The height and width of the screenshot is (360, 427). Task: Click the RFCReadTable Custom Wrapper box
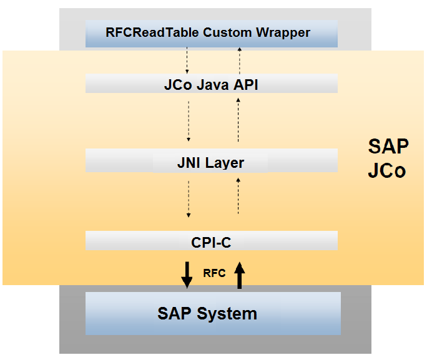coord(212,34)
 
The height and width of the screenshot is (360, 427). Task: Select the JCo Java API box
coord(212,83)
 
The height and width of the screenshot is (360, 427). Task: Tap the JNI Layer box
coord(212,160)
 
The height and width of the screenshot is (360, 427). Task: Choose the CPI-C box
coord(212,241)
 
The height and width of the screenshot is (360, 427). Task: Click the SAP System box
coord(213,313)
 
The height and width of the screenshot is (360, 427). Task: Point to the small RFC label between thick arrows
coord(214,273)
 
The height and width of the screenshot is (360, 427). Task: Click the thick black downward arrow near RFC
coord(187,275)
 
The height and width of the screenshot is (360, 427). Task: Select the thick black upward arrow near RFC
coord(240,275)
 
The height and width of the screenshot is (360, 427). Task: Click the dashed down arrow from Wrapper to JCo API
coord(187,61)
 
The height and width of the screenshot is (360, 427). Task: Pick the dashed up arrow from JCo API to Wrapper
coord(240,61)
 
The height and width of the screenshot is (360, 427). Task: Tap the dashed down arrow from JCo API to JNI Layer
coord(189,122)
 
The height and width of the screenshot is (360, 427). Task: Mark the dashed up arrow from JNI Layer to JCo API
coord(238,120)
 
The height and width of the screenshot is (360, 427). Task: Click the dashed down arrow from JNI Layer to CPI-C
coord(189,199)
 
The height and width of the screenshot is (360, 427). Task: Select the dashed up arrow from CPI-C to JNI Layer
coord(238,196)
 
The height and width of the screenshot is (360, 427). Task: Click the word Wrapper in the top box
coord(283,33)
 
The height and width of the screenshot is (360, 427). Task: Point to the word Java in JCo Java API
coord(213,85)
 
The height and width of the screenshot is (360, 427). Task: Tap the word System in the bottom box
coord(227,314)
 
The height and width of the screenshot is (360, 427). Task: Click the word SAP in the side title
coord(388,147)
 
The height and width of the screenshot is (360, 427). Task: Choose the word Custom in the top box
coord(227,32)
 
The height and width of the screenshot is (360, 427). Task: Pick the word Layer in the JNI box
coord(225,163)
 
